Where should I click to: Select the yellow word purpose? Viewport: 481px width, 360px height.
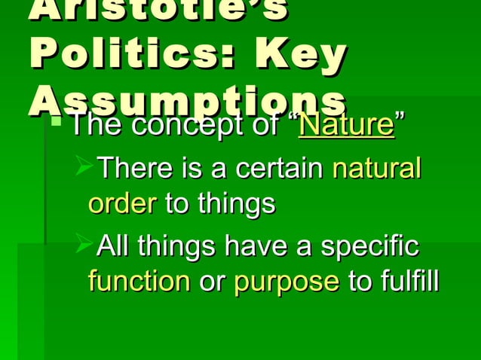click(286, 282)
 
